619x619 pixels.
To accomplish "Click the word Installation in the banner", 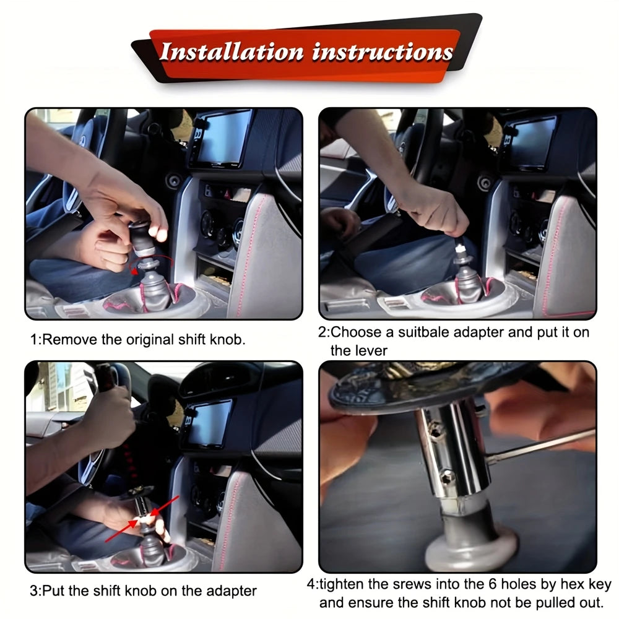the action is coord(232,52).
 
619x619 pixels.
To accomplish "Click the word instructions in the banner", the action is coord(382,53).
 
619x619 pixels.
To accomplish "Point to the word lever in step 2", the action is coord(373,350).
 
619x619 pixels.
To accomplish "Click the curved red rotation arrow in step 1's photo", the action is coord(152,263).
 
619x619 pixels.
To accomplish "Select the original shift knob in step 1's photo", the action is coord(141,238).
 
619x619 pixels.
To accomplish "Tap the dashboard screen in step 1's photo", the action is coord(223,138).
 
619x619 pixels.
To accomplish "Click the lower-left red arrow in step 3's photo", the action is coord(123,530).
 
